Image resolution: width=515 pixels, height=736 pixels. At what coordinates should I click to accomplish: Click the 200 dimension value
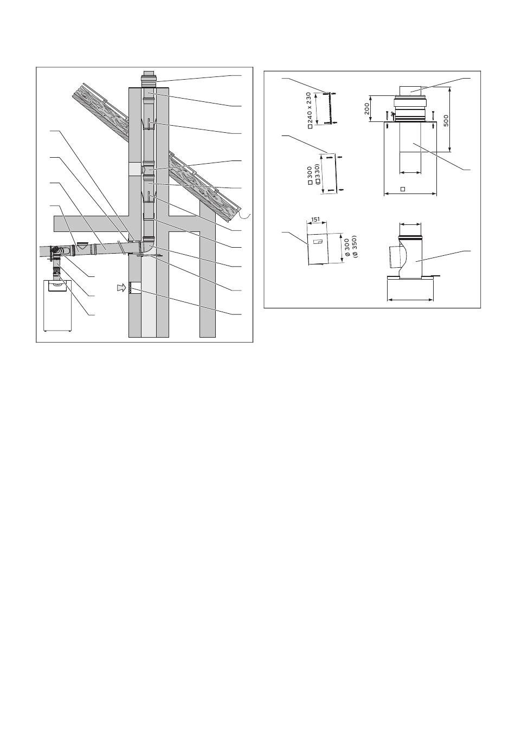click(367, 109)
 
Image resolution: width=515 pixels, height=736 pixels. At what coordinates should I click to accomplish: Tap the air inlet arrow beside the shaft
click(121, 288)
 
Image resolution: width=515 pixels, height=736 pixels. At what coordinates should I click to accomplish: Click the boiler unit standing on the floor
click(57, 306)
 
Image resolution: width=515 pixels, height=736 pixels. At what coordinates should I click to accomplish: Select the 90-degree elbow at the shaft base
click(148, 247)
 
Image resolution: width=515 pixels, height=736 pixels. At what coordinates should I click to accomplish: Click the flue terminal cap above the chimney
click(149, 79)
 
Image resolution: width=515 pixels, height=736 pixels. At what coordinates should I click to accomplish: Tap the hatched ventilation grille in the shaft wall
click(133, 288)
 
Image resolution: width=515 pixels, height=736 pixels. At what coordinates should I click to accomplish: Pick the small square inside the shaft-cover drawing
click(403, 189)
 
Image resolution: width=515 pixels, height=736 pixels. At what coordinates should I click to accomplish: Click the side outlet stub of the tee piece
click(394, 256)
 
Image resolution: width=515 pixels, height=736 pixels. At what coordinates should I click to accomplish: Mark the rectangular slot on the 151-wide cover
click(318, 242)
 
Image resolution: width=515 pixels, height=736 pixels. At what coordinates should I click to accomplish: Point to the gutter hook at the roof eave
click(245, 216)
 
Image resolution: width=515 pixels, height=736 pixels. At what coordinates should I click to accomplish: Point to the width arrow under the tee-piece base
click(410, 299)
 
